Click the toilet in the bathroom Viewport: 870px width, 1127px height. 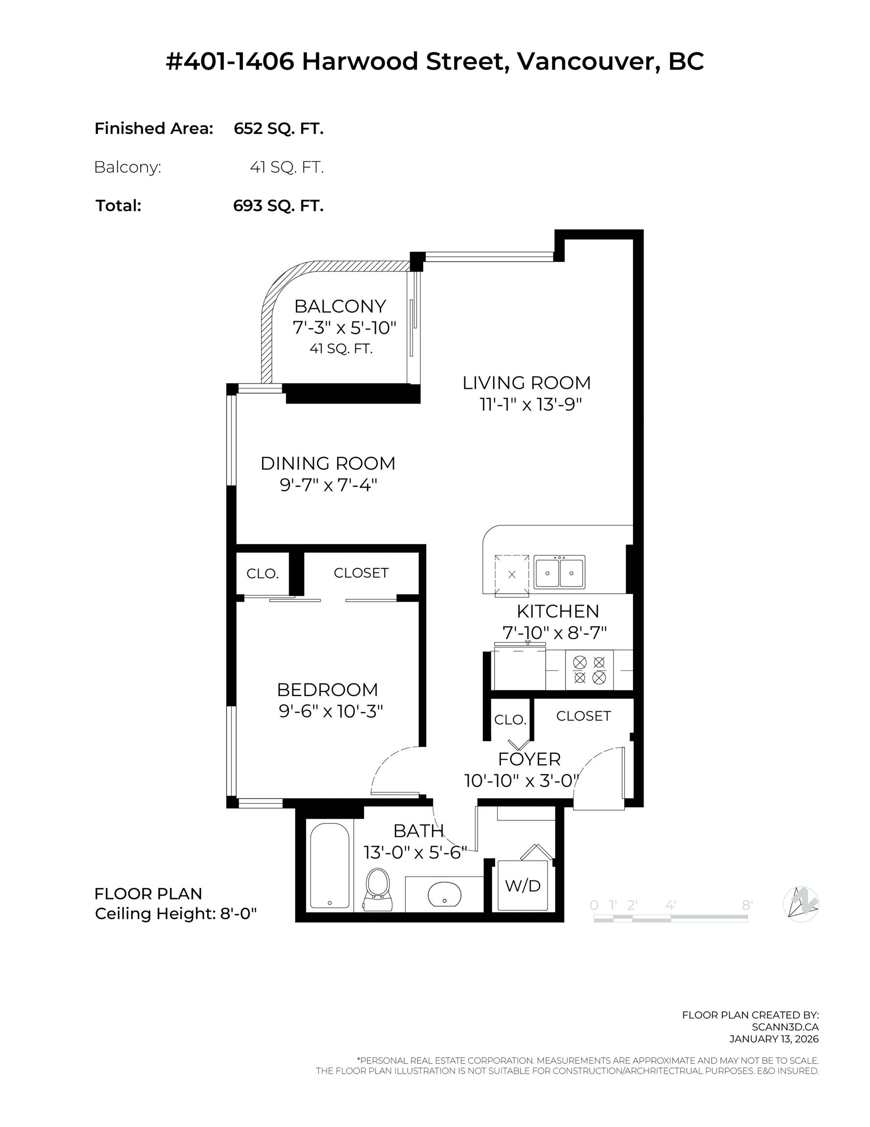click(377, 889)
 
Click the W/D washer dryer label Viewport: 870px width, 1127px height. click(522, 885)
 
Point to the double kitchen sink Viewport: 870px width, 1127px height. click(559, 572)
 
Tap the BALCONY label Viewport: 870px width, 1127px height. click(340, 307)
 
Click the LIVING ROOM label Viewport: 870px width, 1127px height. click(526, 383)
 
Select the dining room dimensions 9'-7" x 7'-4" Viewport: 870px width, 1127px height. click(328, 485)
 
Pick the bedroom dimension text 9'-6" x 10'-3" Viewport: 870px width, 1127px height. click(330, 712)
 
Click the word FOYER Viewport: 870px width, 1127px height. click(529, 759)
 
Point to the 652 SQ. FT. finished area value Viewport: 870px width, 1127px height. click(279, 129)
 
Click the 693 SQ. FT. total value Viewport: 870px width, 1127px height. click(279, 206)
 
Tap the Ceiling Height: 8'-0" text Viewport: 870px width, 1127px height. click(176, 914)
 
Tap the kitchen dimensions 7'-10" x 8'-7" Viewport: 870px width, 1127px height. click(554, 632)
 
